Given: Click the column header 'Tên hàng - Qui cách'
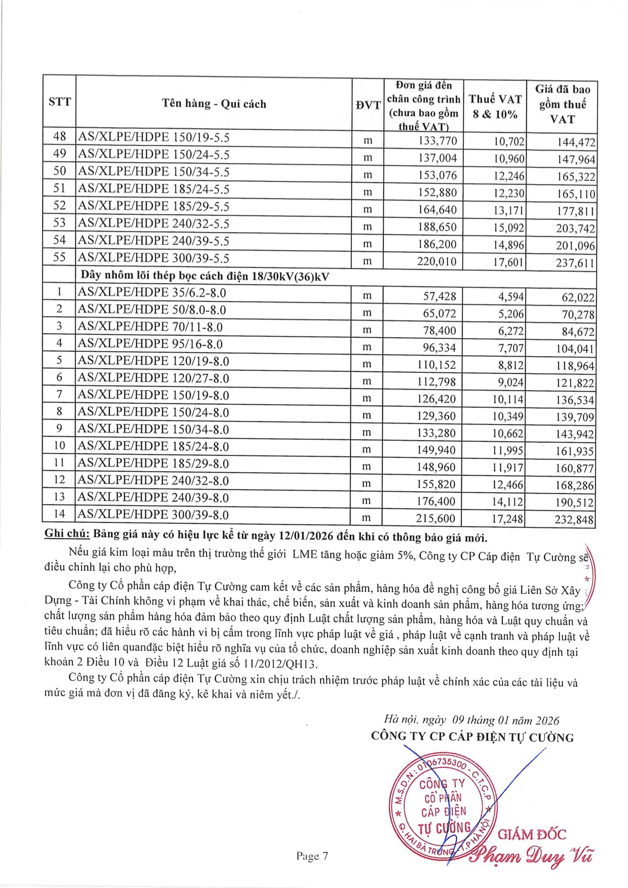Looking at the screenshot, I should [214, 104].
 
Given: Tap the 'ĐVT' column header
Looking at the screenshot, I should [368, 105].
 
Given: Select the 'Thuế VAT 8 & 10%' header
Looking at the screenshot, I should [495, 106].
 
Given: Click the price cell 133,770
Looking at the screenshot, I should [438, 141].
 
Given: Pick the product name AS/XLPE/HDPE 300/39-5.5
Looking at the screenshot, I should [153, 258].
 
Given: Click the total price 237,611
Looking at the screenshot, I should [575, 263].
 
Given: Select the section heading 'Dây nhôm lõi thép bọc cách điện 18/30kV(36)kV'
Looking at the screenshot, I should [205, 276].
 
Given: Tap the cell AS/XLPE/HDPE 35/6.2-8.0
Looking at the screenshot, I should [152, 293].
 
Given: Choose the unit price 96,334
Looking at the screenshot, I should [440, 348].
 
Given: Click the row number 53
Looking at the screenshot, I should [60, 223].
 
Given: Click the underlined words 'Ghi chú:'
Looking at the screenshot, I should [67, 533].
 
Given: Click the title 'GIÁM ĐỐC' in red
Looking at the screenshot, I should [532, 835].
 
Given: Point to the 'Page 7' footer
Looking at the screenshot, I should [312, 856].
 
